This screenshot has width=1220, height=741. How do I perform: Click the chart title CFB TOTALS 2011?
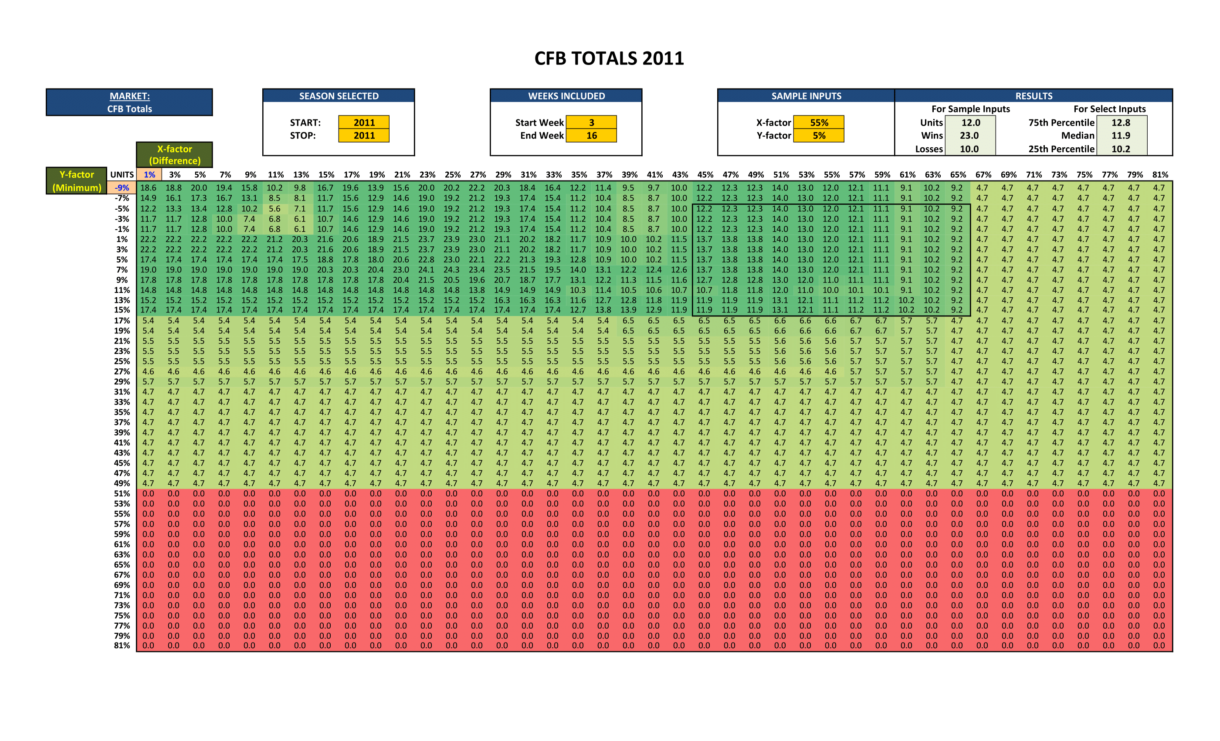609,58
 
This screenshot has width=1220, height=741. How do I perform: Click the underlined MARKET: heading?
130,96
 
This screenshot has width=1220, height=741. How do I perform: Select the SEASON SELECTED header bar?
339,96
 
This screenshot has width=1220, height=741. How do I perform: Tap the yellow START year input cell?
364,122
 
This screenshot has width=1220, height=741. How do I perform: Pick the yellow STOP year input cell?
364,136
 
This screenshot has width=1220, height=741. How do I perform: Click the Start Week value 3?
591,122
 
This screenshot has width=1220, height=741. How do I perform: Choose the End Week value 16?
591,136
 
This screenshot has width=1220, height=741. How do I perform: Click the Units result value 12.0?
970,122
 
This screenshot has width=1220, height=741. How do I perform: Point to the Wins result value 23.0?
969,136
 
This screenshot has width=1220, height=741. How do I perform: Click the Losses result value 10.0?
969,149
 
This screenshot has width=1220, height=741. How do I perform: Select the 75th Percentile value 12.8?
1121,122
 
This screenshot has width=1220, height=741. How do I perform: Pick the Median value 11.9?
1121,136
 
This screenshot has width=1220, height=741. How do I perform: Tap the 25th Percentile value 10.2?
1121,149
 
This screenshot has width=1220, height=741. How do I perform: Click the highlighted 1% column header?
149,175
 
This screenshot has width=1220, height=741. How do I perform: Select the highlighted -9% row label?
122,188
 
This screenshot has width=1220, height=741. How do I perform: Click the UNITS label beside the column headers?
122,175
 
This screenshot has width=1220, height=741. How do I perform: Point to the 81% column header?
1160,175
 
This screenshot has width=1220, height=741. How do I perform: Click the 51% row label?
122,493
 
